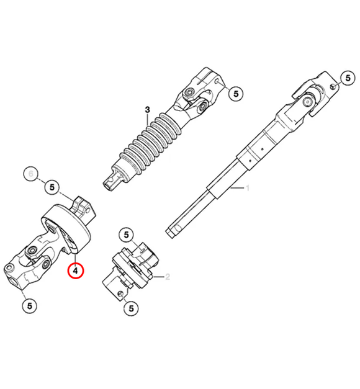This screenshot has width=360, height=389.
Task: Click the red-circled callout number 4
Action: point(74,271)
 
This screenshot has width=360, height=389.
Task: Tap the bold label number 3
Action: point(148,110)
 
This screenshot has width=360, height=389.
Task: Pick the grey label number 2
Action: point(166,277)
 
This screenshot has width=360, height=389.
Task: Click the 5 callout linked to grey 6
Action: point(52,186)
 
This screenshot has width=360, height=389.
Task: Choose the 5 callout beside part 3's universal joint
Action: point(235,94)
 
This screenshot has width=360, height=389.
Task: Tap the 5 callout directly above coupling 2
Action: point(126,235)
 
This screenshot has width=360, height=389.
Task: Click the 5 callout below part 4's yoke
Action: point(29,305)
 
